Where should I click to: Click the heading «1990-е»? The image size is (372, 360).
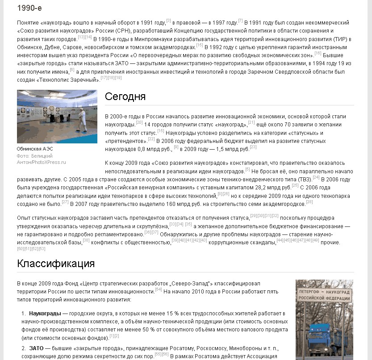click(x=29, y=8)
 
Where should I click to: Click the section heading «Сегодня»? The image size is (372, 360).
click(x=125, y=97)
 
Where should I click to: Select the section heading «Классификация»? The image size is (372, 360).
click(x=56, y=264)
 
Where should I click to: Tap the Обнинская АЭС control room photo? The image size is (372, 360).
click(x=57, y=117)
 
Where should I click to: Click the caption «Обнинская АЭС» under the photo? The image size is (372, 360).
click(x=35, y=149)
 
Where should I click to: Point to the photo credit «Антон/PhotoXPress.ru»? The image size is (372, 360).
click(x=41, y=162)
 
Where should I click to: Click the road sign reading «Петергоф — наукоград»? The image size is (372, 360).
click(x=324, y=295)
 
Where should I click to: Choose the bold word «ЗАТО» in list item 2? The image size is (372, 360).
click(x=37, y=347)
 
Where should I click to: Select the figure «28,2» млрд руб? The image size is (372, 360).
click(x=260, y=187)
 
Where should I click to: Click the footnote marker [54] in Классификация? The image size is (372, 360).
click(x=159, y=289)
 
